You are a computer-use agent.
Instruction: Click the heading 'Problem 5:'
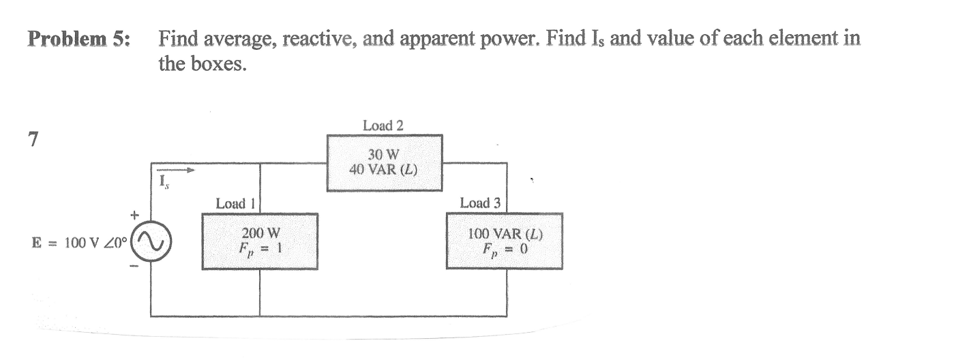(78, 39)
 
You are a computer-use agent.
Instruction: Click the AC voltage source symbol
(153, 241)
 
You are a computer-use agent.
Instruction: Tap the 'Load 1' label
(235, 203)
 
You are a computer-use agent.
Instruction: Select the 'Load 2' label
(383, 125)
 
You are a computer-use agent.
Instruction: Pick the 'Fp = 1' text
(260, 249)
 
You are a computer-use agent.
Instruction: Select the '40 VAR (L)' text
(383, 168)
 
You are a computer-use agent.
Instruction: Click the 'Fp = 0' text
(505, 249)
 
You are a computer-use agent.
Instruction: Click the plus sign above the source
(135, 215)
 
